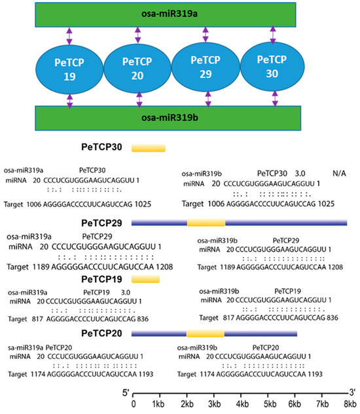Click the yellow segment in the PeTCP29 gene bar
coord(206,223)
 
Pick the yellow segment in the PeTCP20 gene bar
coord(205,334)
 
